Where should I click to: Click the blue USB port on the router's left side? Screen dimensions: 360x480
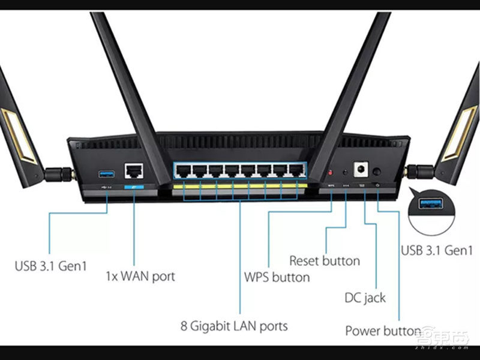106,174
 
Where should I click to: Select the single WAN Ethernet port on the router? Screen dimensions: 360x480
133,171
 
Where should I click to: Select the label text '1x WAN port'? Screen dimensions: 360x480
140,277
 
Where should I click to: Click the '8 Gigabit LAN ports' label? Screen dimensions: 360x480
234,326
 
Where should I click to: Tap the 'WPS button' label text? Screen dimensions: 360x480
277,277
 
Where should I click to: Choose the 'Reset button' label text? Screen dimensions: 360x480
325,260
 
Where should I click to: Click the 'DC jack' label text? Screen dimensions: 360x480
365,297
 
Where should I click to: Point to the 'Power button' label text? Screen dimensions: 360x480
382,331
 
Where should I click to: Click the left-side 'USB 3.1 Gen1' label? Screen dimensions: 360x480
50,265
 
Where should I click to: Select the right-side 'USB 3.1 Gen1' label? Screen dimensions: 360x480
436,250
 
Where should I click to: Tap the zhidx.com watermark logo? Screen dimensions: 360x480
443,337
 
